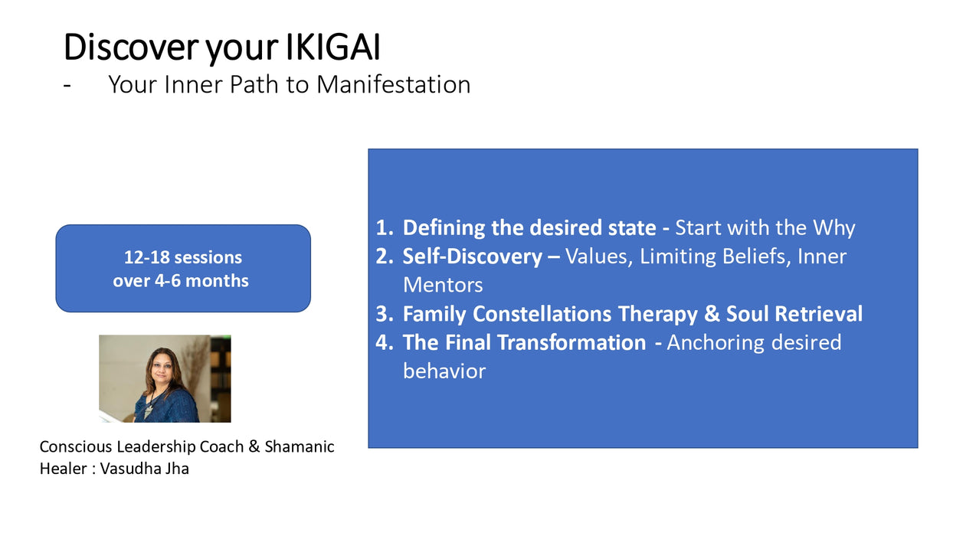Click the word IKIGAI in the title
point(332,47)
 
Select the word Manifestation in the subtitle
point(394,84)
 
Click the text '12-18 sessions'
point(183,257)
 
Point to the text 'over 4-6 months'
point(181,281)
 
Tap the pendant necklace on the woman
point(148,410)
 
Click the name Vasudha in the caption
point(129,469)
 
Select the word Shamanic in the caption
point(300,446)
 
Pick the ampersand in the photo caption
point(254,446)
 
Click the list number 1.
point(384,227)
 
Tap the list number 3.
point(384,314)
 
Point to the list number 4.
point(384,342)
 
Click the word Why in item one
point(833,228)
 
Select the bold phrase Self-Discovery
point(472,257)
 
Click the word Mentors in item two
point(443,285)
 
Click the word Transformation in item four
point(571,342)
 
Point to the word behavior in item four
point(444,371)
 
